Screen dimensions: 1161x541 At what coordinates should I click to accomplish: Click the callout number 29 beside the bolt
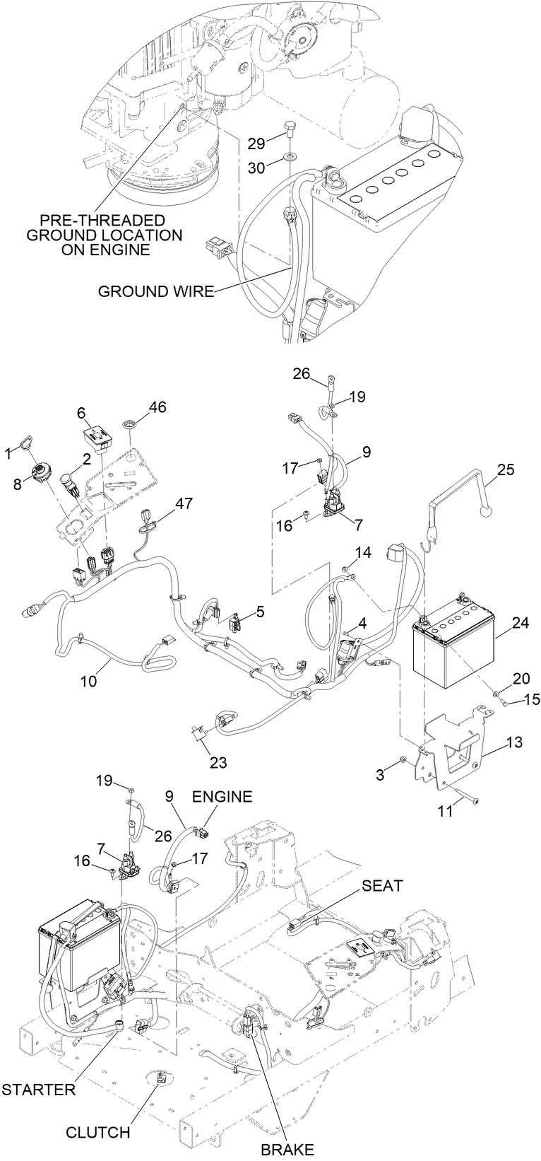pos(256,143)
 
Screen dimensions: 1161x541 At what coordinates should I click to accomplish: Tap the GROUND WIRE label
pos(155,291)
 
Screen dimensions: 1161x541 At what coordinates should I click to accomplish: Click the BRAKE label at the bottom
pos(287,1150)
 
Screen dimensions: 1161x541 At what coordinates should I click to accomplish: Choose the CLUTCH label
pos(98,1132)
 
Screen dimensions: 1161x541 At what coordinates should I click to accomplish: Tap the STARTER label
pos(38,1089)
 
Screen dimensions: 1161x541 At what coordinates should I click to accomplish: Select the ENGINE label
pos(222,797)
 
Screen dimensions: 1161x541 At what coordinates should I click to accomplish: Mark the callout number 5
pos(261,611)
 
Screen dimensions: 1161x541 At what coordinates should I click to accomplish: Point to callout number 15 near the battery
pos(531,699)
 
